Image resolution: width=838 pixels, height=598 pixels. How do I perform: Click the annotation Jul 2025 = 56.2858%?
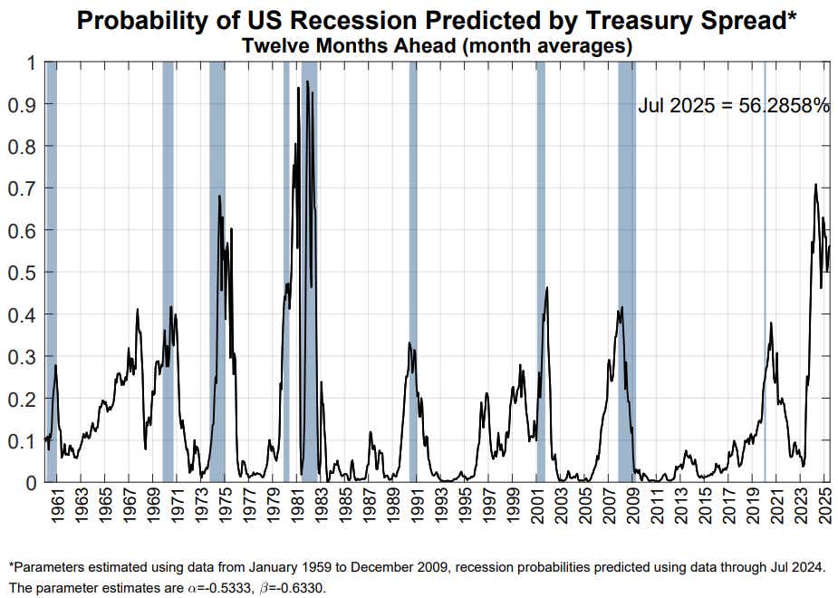point(734,105)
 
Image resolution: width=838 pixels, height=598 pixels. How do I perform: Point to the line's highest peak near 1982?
point(307,82)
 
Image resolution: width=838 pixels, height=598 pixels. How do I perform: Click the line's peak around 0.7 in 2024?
point(816,185)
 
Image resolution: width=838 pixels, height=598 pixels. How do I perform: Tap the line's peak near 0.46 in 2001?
point(547,288)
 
